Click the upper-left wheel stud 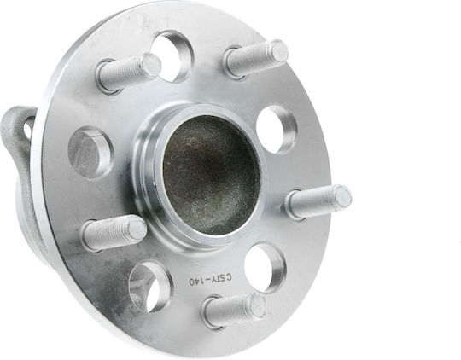click(x=129, y=73)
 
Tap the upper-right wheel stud click(x=255, y=60)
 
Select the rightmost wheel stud click(x=318, y=202)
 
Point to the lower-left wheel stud click(x=114, y=233)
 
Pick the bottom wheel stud click(x=235, y=310)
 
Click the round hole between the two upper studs click(x=172, y=55)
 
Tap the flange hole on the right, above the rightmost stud click(x=277, y=130)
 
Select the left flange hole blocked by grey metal click(x=90, y=153)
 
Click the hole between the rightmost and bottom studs click(x=266, y=267)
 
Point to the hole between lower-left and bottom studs click(x=151, y=287)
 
